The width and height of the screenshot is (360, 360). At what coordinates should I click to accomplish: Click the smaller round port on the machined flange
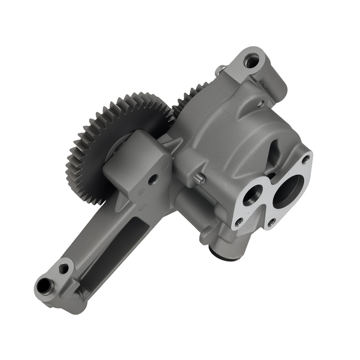[x=251, y=196]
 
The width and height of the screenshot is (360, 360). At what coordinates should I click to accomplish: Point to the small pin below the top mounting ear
[x=260, y=104]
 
